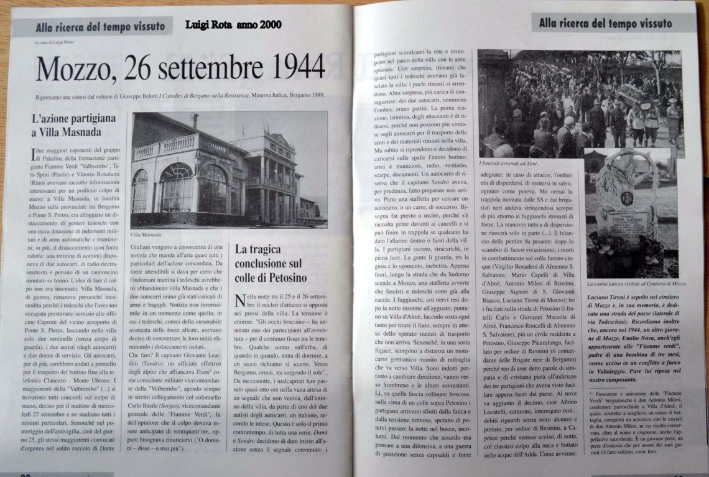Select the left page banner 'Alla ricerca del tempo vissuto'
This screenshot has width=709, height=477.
click(x=100, y=26)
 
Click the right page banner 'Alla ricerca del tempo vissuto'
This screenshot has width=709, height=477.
click(x=605, y=24)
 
